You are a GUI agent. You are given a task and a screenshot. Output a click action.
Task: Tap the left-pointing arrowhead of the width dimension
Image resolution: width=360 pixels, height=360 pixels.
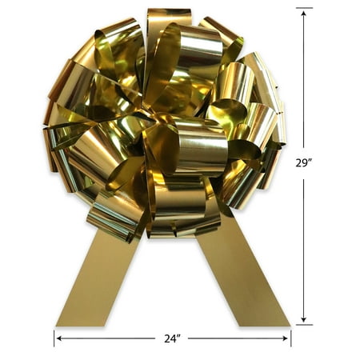[x=58, y=338]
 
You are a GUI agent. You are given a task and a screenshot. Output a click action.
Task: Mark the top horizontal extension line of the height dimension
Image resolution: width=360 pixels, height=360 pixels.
[x=304, y=8]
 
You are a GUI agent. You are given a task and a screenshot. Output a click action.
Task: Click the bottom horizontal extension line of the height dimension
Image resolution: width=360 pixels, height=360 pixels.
[x=304, y=324]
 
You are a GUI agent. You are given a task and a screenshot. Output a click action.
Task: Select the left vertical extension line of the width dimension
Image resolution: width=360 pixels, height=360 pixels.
[x=54, y=338]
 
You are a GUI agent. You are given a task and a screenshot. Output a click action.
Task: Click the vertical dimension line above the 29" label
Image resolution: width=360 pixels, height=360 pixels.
[x=304, y=80]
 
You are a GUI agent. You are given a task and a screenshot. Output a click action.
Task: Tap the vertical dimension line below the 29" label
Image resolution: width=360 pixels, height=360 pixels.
[x=304, y=248]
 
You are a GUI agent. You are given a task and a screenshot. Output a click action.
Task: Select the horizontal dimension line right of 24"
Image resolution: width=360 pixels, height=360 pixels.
[x=236, y=338]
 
